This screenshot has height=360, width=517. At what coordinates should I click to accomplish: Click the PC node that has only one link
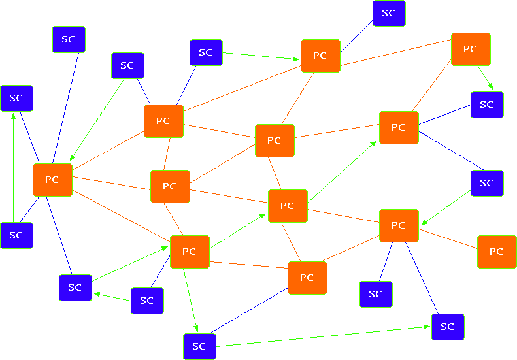pyautogui.click(x=497, y=252)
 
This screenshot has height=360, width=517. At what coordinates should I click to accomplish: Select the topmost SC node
pyautogui.click(x=389, y=13)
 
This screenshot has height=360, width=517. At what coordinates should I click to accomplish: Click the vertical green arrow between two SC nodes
pyautogui.click(x=13, y=168)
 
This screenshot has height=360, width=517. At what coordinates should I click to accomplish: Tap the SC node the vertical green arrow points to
pyautogui.click(x=17, y=98)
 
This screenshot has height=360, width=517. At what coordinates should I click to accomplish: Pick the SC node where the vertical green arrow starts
pyautogui.click(x=17, y=235)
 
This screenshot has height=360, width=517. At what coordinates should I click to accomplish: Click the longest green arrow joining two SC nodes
pyautogui.click(x=323, y=336)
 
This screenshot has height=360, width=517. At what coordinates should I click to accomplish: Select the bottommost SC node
pyautogui.click(x=199, y=346)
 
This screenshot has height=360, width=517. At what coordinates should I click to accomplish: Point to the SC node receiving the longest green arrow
pyautogui.click(x=448, y=327)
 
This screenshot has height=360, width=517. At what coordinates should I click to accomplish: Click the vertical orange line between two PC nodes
pyautogui.click(x=399, y=176)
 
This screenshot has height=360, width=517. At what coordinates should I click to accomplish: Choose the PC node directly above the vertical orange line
pyautogui.click(x=399, y=127)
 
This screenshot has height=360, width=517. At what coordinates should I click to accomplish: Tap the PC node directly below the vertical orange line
pyautogui.click(x=399, y=225)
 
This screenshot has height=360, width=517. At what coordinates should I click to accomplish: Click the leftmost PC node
pyautogui.click(x=52, y=180)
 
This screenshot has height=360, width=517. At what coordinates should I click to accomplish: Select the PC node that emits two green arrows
pyautogui.click(x=190, y=252)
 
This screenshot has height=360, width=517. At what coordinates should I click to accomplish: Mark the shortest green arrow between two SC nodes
pyautogui.click(x=112, y=297)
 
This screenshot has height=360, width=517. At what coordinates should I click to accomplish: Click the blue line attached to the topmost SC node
pyautogui.click(x=356, y=37)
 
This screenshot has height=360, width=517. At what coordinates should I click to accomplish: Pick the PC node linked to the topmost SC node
pyautogui.click(x=320, y=56)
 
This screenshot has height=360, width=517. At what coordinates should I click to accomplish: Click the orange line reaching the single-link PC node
pyautogui.click(x=448, y=238)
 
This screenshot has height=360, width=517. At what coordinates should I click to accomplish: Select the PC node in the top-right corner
pyautogui.click(x=471, y=49)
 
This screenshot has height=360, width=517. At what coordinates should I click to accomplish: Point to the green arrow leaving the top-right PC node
pyautogui.click(x=486, y=78)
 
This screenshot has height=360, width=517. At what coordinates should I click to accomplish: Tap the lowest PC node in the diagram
pyautogui.click(x=307, y=278)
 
